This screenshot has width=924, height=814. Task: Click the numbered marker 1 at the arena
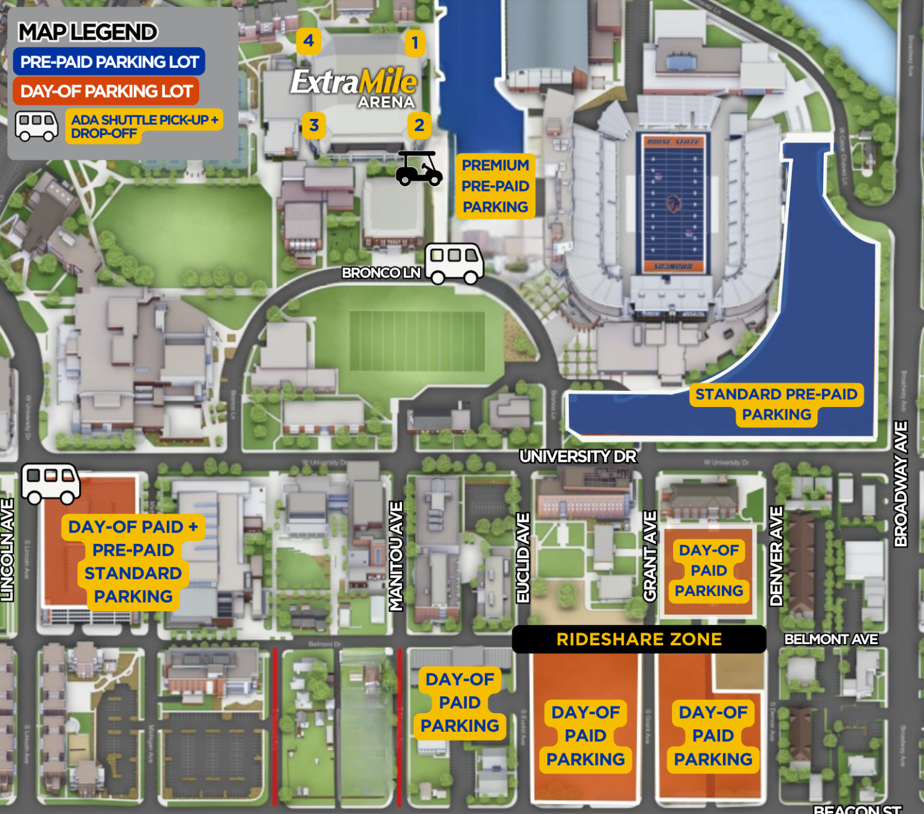414,43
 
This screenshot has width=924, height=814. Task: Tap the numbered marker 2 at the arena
419,125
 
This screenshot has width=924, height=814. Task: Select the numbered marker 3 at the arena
314,125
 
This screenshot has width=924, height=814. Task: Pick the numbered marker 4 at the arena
308,41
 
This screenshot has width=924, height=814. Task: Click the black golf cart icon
419,169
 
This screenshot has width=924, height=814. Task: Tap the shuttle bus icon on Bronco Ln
454,263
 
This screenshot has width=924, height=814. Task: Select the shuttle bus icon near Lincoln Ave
50,483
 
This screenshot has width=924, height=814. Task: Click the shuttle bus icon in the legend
36,125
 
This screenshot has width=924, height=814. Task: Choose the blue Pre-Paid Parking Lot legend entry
109,62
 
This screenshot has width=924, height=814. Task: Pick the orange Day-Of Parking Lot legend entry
106,91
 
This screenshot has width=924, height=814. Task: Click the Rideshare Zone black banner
639,639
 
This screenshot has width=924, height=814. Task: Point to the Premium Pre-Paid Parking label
495,186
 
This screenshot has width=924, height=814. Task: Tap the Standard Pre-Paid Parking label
776,404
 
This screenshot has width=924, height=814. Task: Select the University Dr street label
577,457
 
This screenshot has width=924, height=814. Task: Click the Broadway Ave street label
901,484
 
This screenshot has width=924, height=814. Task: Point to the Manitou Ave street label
396,556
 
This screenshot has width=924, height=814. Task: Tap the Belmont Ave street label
831,639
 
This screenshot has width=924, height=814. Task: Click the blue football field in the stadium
673,203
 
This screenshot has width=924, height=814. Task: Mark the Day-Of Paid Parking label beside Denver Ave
709,570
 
